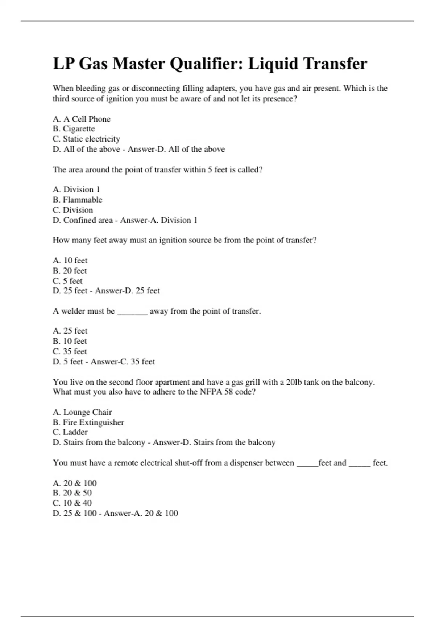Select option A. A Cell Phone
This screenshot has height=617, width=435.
(x=82, y=119)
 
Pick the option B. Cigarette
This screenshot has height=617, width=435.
(x=74, y=129)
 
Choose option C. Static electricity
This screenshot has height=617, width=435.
(x=86, y=139)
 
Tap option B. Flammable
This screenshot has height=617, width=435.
(x=78, y=200)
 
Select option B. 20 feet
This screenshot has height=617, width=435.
(x=70, y=271)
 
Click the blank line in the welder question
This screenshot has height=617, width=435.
(x=132, y=312)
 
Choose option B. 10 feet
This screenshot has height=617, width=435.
(x=70, y=341)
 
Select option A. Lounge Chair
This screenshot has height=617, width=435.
(x=82, y=412)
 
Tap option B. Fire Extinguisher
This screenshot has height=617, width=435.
(x=88, y=422)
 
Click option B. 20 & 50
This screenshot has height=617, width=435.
(x=72, y=493)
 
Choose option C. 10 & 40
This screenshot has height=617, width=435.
(x=72, y=503)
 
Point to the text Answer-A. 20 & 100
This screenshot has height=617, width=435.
(x=141, y=513)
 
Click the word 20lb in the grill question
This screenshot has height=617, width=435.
(x=294, y=382)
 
